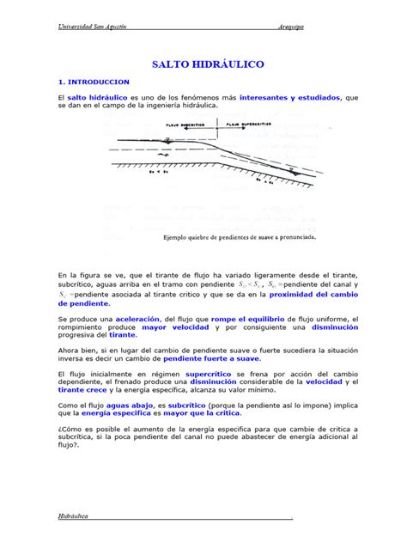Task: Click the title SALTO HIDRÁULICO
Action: point(208,64)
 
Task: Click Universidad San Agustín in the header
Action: point(92,27)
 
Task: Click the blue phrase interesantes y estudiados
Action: point(290,98)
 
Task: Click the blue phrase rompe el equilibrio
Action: point(228,319)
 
